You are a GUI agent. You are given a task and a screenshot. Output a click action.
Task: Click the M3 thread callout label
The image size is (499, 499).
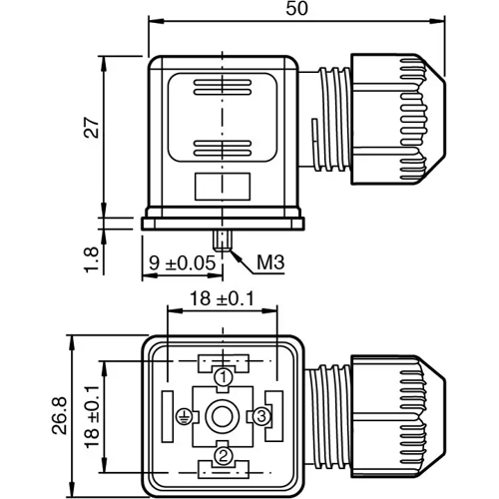(x=270, y=263)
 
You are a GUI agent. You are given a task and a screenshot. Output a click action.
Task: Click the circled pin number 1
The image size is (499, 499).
(x=224, y=377)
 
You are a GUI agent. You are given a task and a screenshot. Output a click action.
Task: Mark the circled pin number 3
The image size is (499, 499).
(x=261, y=414)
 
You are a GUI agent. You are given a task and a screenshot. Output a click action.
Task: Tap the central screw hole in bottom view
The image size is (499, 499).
(x=224, y=414)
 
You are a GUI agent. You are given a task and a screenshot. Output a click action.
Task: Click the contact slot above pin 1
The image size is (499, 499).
(x=224, y=360)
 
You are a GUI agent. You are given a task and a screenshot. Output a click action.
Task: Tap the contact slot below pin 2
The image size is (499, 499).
(x=224, y=469)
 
